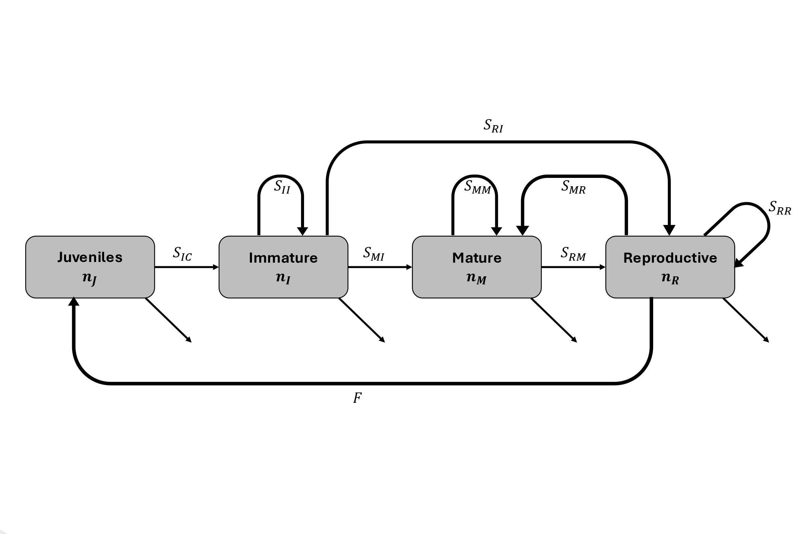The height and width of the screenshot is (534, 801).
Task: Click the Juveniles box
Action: click(x=90, y=267)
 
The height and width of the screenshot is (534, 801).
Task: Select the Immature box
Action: click(x=283, y=267)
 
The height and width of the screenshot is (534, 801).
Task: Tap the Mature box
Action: click(x=477, y=267)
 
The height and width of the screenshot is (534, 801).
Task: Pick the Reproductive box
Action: click(x=670, y=267)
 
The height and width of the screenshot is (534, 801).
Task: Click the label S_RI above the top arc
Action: click(x=493, y=126)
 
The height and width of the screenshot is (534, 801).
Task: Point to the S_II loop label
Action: click(x=282, y=187)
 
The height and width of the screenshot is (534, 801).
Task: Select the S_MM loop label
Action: click(x=478, y=187)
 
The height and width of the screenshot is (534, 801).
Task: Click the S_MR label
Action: click(x=573, y=187)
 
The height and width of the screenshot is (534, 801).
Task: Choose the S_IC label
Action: click(x=182, y=254)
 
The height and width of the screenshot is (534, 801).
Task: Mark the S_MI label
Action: click(x=373, y=254)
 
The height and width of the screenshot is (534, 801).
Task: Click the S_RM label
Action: click(x=573, y=254)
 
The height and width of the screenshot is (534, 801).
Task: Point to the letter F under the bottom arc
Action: click(x=357, y=398)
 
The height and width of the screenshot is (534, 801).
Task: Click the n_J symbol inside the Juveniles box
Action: click(x=89, y=279)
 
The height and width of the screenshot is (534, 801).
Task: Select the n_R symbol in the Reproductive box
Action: click(x=670, y=278)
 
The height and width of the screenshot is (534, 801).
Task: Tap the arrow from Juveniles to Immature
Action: click(x=186, y=267)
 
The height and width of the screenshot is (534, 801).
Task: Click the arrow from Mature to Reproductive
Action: click(x=573, y=267)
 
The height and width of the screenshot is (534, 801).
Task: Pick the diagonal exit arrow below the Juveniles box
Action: click(x=169, y=320)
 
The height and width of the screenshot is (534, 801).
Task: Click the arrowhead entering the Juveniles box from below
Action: click(x=73, y=302)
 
